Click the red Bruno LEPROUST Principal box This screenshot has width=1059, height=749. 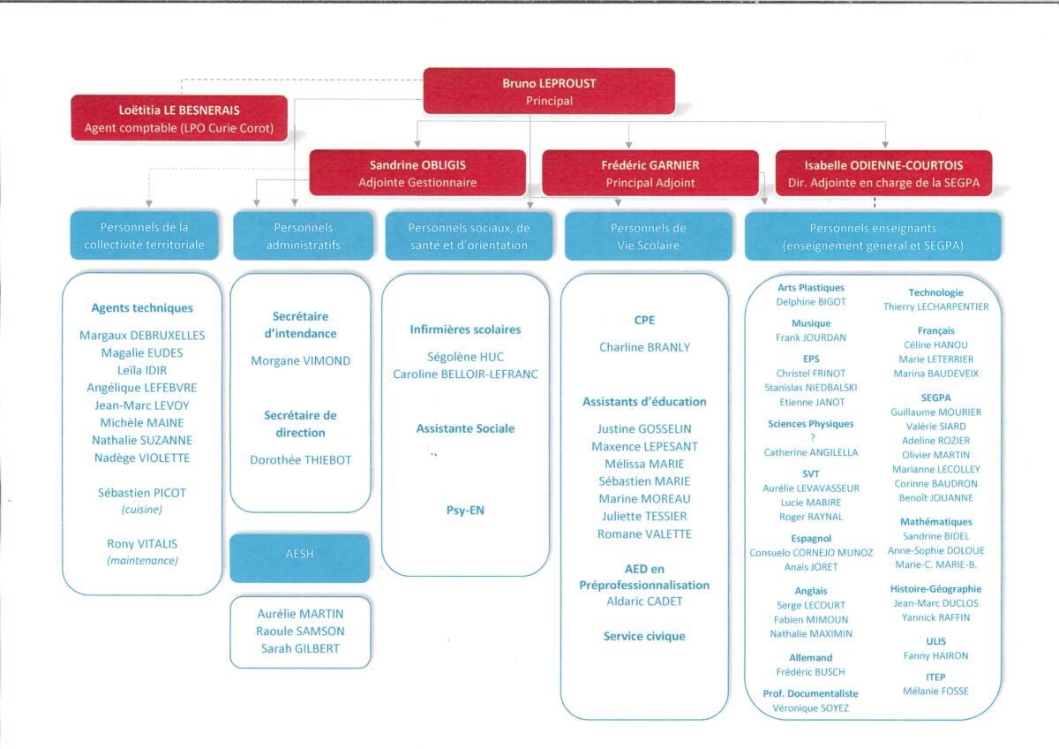549,91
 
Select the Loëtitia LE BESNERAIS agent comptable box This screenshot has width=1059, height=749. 179,118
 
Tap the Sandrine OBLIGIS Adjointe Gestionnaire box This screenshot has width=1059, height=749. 417,173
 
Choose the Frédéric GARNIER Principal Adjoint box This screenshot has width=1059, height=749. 650,173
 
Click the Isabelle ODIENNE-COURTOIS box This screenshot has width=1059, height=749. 883,173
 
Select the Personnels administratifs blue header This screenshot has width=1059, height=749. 303,236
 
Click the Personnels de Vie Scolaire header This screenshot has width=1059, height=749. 648,236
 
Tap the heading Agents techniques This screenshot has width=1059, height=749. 142,308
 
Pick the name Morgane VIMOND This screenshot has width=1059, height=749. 301,360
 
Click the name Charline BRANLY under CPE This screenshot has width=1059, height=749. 644,347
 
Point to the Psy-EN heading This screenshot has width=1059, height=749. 465,510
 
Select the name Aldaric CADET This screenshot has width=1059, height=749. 644,601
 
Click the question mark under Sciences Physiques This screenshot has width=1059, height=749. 812,438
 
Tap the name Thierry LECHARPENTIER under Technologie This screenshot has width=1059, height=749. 935,306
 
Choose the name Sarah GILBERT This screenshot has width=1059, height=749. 300,648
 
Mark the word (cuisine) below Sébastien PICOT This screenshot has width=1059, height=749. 142,510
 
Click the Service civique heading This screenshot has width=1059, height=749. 644,636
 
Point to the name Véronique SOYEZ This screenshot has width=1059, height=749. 811,707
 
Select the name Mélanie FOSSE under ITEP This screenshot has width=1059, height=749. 935,692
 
